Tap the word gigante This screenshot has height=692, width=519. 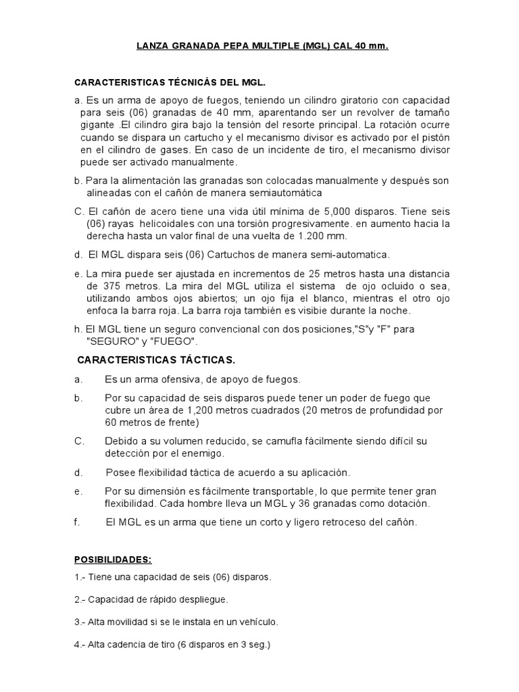pos(99,125)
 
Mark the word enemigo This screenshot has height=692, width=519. pos(201,453)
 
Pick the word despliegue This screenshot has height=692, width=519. pos(200,599)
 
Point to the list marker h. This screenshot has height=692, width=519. pos(78,329)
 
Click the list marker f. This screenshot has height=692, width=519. pos(76,522)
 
